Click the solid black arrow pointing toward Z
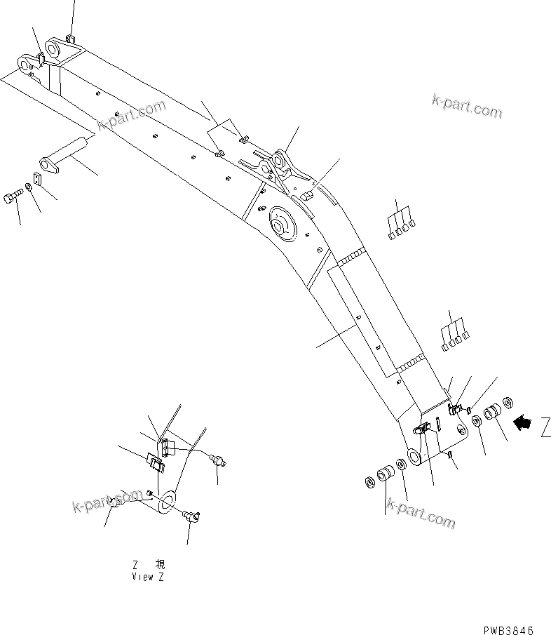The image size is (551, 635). [x=523, y=422]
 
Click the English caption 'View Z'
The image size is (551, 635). [x=148, y=577]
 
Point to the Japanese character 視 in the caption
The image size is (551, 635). [x=161, y=565]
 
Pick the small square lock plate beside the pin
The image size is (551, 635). [x=38, y=179]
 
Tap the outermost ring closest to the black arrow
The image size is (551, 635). [x=508, y=403]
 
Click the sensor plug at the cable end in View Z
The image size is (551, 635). [x=222, y=462]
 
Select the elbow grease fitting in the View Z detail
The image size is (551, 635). [x=191, y=517]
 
